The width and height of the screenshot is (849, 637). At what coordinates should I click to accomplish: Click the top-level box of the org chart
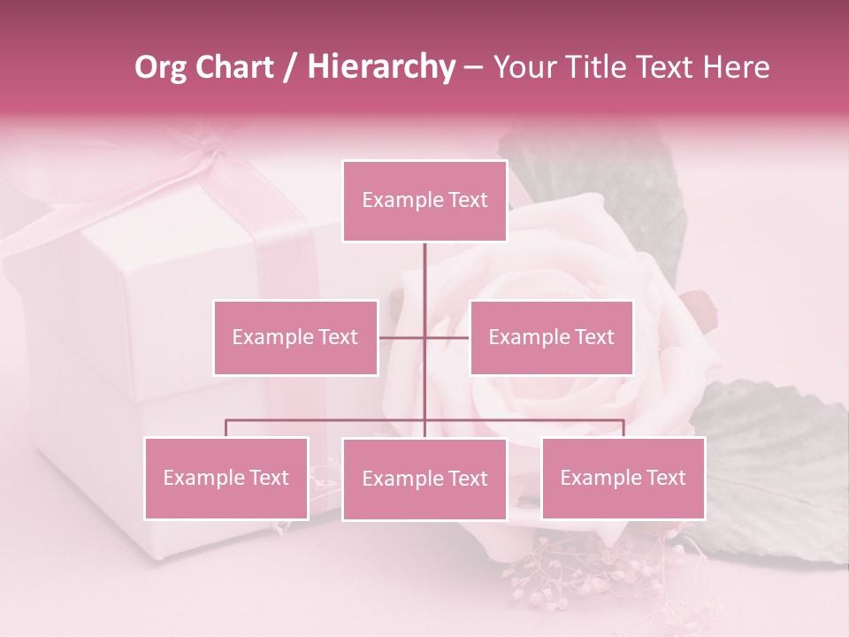pyautogui.click(x=424, y=201)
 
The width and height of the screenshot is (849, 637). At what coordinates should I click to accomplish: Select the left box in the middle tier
pyautogui.click(x=295, y=337)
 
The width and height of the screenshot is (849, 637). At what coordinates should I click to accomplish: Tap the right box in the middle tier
pyautogui.click(x=551, y=337)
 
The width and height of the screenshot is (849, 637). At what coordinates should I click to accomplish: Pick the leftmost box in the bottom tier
pyautogui.click(x=226, y=478)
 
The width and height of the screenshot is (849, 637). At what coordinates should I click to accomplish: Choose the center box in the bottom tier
pyautogui.click(x=424, y=479)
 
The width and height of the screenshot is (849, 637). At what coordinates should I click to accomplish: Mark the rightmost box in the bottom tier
pyautogui.click(x=623, y=478)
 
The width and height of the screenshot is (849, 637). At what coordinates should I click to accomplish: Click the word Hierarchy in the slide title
pyautogui.click(x=381, y=67)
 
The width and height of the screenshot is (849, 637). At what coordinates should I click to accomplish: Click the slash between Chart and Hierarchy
pyautogui.click(x=290, y=67)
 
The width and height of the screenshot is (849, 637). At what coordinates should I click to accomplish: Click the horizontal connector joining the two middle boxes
pyautogui.click(x=402, y=337)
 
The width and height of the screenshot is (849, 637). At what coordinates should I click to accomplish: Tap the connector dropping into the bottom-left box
pyautogui.click(x=226, y=428)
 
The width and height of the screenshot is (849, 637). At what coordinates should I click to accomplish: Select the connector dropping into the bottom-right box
pyautogui.click(x=623, y=428)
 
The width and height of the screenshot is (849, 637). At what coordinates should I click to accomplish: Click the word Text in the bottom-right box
pyautogui.click(x=664, y=478)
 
